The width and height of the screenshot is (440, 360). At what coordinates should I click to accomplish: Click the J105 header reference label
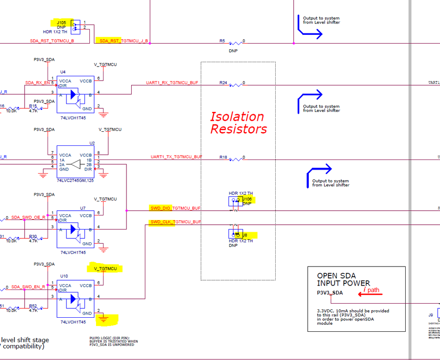(61, 22)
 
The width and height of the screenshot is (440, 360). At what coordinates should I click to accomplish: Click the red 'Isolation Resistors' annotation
(238, 123)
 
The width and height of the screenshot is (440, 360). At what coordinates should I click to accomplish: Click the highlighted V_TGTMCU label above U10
(105, 268)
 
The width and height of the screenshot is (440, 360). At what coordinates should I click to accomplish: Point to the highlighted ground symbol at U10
(104, 318)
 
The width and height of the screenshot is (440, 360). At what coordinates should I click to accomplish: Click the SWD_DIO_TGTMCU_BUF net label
(175, 208)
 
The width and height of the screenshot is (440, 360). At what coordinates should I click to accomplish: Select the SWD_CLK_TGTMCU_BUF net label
(175, 222)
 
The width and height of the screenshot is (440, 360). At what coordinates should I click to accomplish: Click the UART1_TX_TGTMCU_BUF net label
(176, 157)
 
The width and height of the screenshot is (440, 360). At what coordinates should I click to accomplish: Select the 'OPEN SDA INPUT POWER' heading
(344, 279)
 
